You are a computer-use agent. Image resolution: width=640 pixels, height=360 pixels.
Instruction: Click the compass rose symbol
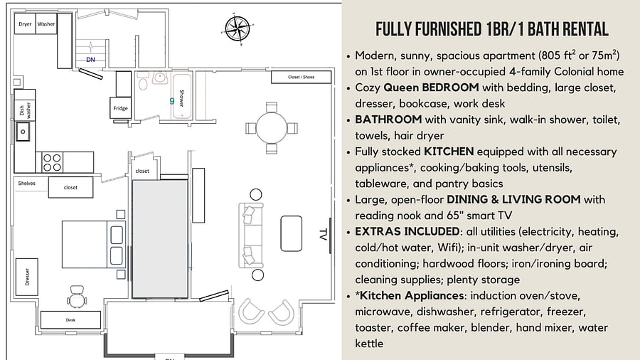tap(238, 28)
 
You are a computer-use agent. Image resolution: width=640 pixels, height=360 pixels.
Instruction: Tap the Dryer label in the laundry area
tap(25, 24)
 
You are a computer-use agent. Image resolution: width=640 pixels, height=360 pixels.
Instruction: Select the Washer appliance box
tap(46, 23)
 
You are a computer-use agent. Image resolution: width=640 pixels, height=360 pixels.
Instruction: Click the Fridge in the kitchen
tap(120, 108)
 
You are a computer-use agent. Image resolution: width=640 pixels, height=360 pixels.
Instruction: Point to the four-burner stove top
tap(52, 162)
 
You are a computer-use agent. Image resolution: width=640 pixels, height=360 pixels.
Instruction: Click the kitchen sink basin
tap(23, 132)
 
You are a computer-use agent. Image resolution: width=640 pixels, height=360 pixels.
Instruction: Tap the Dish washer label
tap(25, 110)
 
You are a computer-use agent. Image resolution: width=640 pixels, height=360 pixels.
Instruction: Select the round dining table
tap(272, 128)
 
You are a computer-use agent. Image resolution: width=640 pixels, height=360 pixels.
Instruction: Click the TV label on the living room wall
tap(323, 235)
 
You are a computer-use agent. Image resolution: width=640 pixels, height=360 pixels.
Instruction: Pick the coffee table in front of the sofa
tap(292, 233)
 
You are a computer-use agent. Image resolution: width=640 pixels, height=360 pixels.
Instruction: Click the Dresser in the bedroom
tap(27, 277)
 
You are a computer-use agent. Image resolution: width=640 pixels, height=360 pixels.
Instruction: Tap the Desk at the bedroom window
tap(70, 320)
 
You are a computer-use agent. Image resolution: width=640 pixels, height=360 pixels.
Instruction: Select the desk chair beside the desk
tap(77, 297)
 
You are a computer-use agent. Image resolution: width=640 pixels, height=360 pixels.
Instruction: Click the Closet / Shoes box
tap(302, 77)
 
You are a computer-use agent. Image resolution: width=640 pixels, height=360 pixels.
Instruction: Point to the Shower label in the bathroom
tap(181, 98)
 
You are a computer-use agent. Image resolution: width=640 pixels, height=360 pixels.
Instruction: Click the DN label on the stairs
tap(90, 60)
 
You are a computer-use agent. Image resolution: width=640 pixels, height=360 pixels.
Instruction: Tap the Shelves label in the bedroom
tap(26, 184)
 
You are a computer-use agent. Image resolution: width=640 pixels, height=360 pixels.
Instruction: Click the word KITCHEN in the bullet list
tap(449, 152)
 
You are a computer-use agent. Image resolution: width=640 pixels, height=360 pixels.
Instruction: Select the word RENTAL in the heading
tap(586, 29)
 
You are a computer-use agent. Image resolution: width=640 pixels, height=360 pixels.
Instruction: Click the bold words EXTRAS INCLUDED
tap(407, 231)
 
